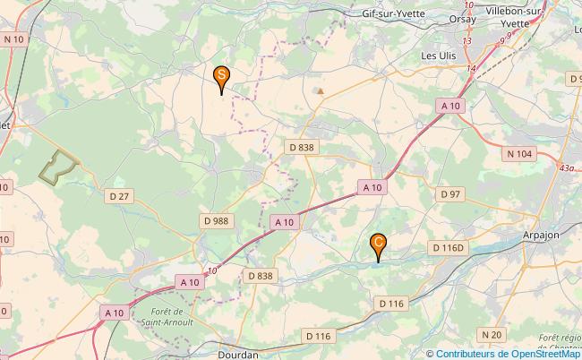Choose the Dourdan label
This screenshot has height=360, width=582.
(x=238, y=354)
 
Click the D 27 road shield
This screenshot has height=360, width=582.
(x=118, y=196)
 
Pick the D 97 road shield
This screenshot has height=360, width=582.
(x=449, y=194)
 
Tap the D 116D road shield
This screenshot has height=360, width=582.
(x=449, y=247)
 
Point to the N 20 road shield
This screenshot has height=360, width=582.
(x=490, y=334)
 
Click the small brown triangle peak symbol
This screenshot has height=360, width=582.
(x=320, y=90)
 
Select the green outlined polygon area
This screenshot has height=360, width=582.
(x=58, y=166)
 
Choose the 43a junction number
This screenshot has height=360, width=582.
(x=565, y=167)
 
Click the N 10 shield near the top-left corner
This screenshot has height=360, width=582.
(x=13, y=39)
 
